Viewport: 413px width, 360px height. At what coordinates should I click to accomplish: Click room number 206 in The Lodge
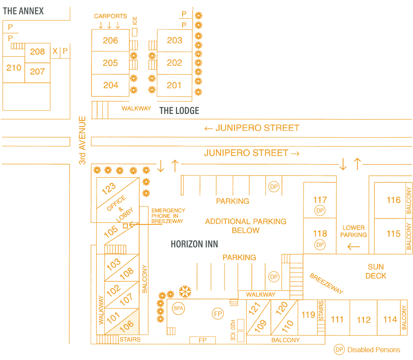click(111, 40)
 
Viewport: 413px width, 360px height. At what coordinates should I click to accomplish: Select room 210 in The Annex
click(14, 68)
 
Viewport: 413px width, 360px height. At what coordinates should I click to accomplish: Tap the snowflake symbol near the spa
click(185, 292)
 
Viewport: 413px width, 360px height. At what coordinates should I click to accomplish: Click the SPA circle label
click(178, 308)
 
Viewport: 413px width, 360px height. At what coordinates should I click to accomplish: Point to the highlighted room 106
click(126, 324)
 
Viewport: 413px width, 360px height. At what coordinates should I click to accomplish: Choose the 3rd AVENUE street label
click(82, 140)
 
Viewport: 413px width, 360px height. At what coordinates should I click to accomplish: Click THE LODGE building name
click(179, 110)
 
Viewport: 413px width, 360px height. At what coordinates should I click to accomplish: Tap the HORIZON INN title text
click(194, 244)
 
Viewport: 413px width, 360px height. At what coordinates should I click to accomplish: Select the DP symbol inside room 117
click(320, 211)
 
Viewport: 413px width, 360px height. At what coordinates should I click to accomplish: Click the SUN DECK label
click(375, 271)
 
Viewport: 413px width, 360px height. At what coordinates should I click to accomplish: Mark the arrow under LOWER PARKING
click(354, 246)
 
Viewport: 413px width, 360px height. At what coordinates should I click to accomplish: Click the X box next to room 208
click(55, 52)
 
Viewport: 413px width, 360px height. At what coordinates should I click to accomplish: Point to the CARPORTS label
click(111, 16)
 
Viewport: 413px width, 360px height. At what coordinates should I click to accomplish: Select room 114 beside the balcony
click(390, 319)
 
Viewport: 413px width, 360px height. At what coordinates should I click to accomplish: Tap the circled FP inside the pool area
click(217, 313)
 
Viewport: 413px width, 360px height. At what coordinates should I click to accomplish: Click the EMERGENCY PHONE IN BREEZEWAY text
click(168, 216)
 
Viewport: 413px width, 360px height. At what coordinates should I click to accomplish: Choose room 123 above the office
click(109, 188)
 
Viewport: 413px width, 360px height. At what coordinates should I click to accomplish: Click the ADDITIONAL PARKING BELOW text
click(246, 226)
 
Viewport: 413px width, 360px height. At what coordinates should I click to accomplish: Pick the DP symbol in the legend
click(339, 350)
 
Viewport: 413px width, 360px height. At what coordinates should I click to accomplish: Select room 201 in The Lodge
click(174, 85)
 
